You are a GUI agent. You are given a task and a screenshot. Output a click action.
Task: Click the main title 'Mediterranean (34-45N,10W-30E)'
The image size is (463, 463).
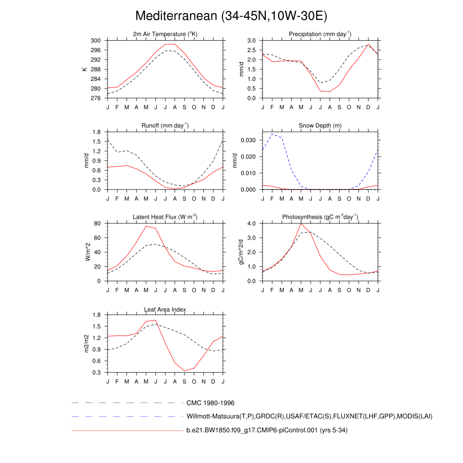coord(231,16)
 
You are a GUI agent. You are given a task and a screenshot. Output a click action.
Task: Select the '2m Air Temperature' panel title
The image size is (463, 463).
coord(165,34)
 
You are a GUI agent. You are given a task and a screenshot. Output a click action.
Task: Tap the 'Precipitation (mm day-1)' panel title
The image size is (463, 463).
coord(320,34)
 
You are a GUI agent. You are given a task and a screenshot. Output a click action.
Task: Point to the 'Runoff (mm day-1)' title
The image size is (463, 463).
coord(165,125)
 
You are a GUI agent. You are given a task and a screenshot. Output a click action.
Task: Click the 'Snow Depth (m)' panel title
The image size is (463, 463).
coord(320,125)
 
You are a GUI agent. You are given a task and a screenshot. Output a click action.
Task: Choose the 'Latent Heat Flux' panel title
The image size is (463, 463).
coord(165,217)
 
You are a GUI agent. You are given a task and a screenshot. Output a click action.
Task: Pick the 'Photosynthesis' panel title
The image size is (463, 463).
coord(320,217)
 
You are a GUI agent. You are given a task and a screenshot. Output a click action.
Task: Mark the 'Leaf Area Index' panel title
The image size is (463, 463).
coord(165,309)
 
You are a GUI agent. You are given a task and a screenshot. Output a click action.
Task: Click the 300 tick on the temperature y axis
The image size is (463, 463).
coord(95,41)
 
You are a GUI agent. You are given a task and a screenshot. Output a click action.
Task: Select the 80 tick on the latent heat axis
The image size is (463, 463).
coord(97,223)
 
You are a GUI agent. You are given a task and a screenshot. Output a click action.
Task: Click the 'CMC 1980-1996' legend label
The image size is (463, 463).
coord(210,403)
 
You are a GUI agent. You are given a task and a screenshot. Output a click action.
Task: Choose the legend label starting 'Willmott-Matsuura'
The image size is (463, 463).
coord(309,416)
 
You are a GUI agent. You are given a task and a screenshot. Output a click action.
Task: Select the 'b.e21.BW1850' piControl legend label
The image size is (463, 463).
coord(267,430)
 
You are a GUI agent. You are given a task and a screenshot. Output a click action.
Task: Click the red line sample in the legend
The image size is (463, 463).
coord(127,430)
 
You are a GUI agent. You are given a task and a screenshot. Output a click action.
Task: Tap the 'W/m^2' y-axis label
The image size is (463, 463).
coord(88,252)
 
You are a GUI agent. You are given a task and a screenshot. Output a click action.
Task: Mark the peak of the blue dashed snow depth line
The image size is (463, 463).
coord(272,134)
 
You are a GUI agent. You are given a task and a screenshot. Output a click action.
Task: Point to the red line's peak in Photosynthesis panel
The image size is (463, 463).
coord(301,223)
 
